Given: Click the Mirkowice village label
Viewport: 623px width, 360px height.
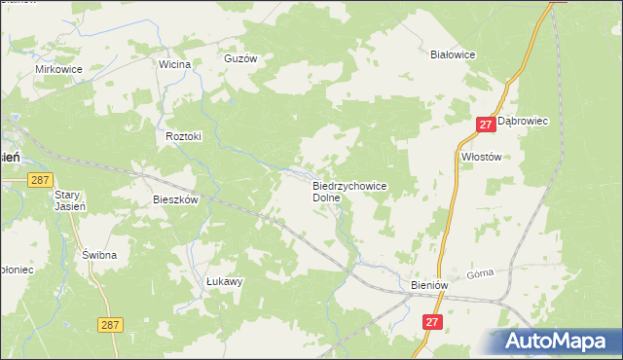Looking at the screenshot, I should coord(58,70).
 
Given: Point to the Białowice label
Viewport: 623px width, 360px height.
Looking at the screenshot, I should coord(453,55).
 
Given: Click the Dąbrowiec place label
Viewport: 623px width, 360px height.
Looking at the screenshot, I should coord(524,121).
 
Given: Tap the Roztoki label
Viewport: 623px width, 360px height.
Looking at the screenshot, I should coord(183,137).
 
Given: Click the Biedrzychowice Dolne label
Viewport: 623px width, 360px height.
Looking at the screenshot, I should coord(349,191).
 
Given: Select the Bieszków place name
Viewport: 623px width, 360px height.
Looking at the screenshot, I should coord(176,199).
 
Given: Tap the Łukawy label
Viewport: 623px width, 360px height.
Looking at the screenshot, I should coord(224,281).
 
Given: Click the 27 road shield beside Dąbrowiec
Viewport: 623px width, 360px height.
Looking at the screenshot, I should coord(487,125).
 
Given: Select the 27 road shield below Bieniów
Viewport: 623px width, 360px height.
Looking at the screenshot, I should coord(433,320).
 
